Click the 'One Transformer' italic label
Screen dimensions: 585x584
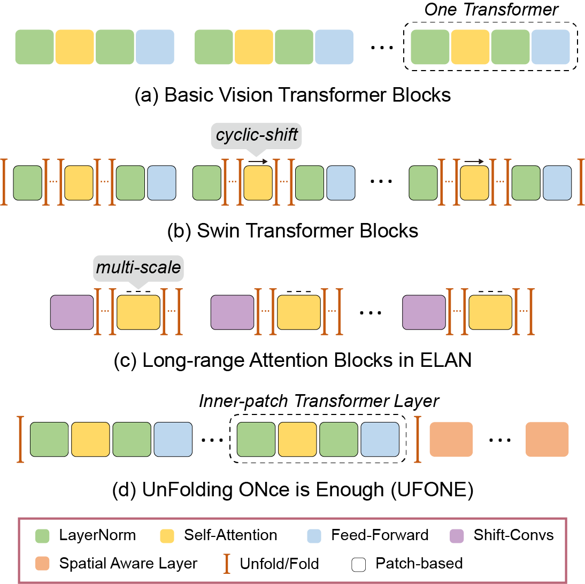[491, 10]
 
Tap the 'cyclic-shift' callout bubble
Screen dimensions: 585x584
[256, 136]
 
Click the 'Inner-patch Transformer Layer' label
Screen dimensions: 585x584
[319, 402]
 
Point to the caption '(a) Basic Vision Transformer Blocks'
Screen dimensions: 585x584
[292, 95]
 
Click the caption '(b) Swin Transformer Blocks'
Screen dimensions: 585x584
[292, 230]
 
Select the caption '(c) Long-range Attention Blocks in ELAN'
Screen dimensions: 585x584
[292, 360]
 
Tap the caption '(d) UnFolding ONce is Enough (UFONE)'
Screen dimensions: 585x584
[292, 489]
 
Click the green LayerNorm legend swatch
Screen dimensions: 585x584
[42, 536]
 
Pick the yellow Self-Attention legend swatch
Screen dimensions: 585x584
[167, 536]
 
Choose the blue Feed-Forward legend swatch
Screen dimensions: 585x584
[314, 536]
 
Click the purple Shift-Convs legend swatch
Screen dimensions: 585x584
[457, 536]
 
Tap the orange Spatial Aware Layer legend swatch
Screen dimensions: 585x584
[42, 564]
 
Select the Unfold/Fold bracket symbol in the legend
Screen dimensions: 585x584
[227, 564]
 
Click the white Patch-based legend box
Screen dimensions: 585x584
[358, 565]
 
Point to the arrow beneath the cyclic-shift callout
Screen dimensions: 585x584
[258, 162]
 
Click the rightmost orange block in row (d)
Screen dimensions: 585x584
[547, 439]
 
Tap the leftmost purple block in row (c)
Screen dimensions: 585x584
[72, 312]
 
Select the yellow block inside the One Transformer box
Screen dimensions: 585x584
[470, 47]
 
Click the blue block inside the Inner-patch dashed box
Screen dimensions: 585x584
[380, 439]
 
